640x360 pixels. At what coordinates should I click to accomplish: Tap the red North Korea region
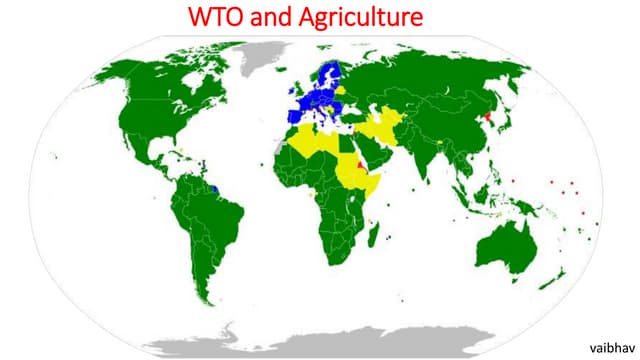[487, 122]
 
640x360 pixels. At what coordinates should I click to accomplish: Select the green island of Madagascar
[375, 232]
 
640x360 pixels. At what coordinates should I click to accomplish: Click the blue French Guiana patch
[220, 186]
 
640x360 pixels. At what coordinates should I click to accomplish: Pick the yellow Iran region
[393, 132]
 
